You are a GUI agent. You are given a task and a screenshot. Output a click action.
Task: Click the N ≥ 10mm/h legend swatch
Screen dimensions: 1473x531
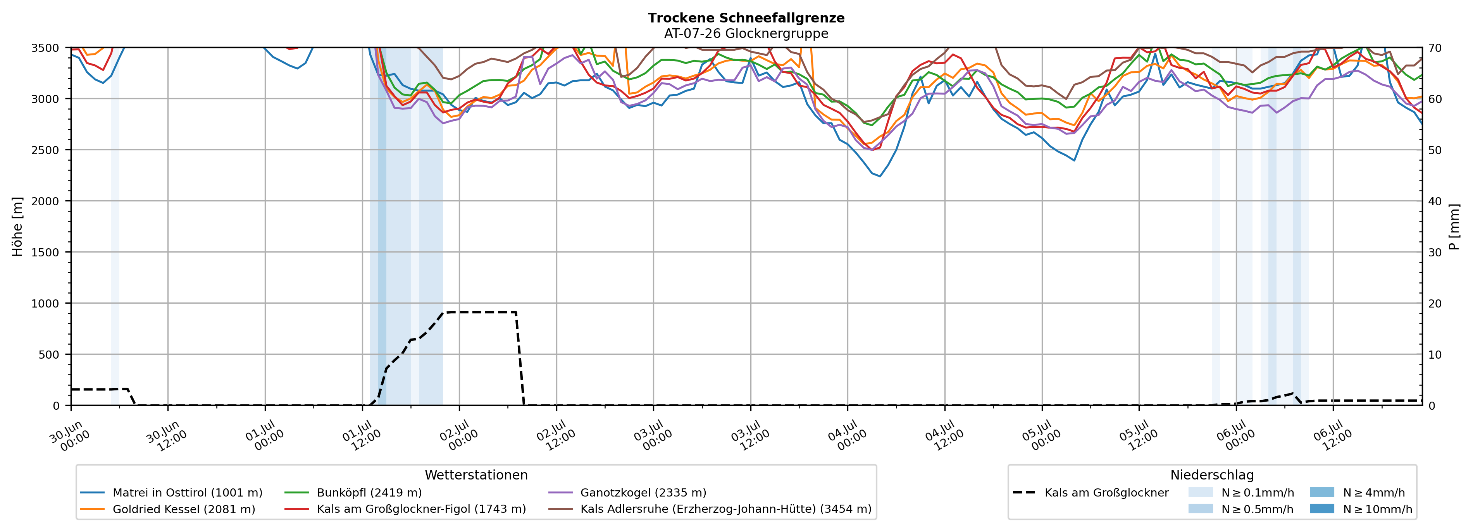tap(1322, 509)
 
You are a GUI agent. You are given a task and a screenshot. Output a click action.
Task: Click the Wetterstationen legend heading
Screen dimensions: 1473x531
tap(476, 475)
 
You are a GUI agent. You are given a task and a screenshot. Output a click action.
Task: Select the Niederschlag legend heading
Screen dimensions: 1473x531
tap(1212, 475)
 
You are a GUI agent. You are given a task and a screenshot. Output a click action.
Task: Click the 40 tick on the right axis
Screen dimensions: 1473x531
tap(1435, 201)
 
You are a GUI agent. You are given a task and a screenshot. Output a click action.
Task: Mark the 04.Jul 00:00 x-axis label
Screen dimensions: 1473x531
tap(847, 436)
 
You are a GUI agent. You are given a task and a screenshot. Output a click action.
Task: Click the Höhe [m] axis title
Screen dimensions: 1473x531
tap(18, 226)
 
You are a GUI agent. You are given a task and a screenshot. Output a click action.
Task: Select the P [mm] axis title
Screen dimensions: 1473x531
tap(1455, 226)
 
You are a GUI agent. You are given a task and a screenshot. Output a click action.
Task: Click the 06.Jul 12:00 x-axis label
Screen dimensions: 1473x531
tap(1332, 436)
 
